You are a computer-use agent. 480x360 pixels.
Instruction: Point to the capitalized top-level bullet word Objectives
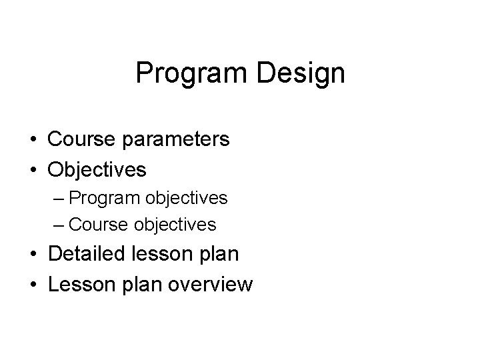click(97, 170)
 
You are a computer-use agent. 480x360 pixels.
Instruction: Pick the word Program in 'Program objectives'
click(100, 199)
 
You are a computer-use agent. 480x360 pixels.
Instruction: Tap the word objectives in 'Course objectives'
click(175, 225)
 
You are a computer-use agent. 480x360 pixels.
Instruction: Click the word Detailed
click(88, 255)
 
